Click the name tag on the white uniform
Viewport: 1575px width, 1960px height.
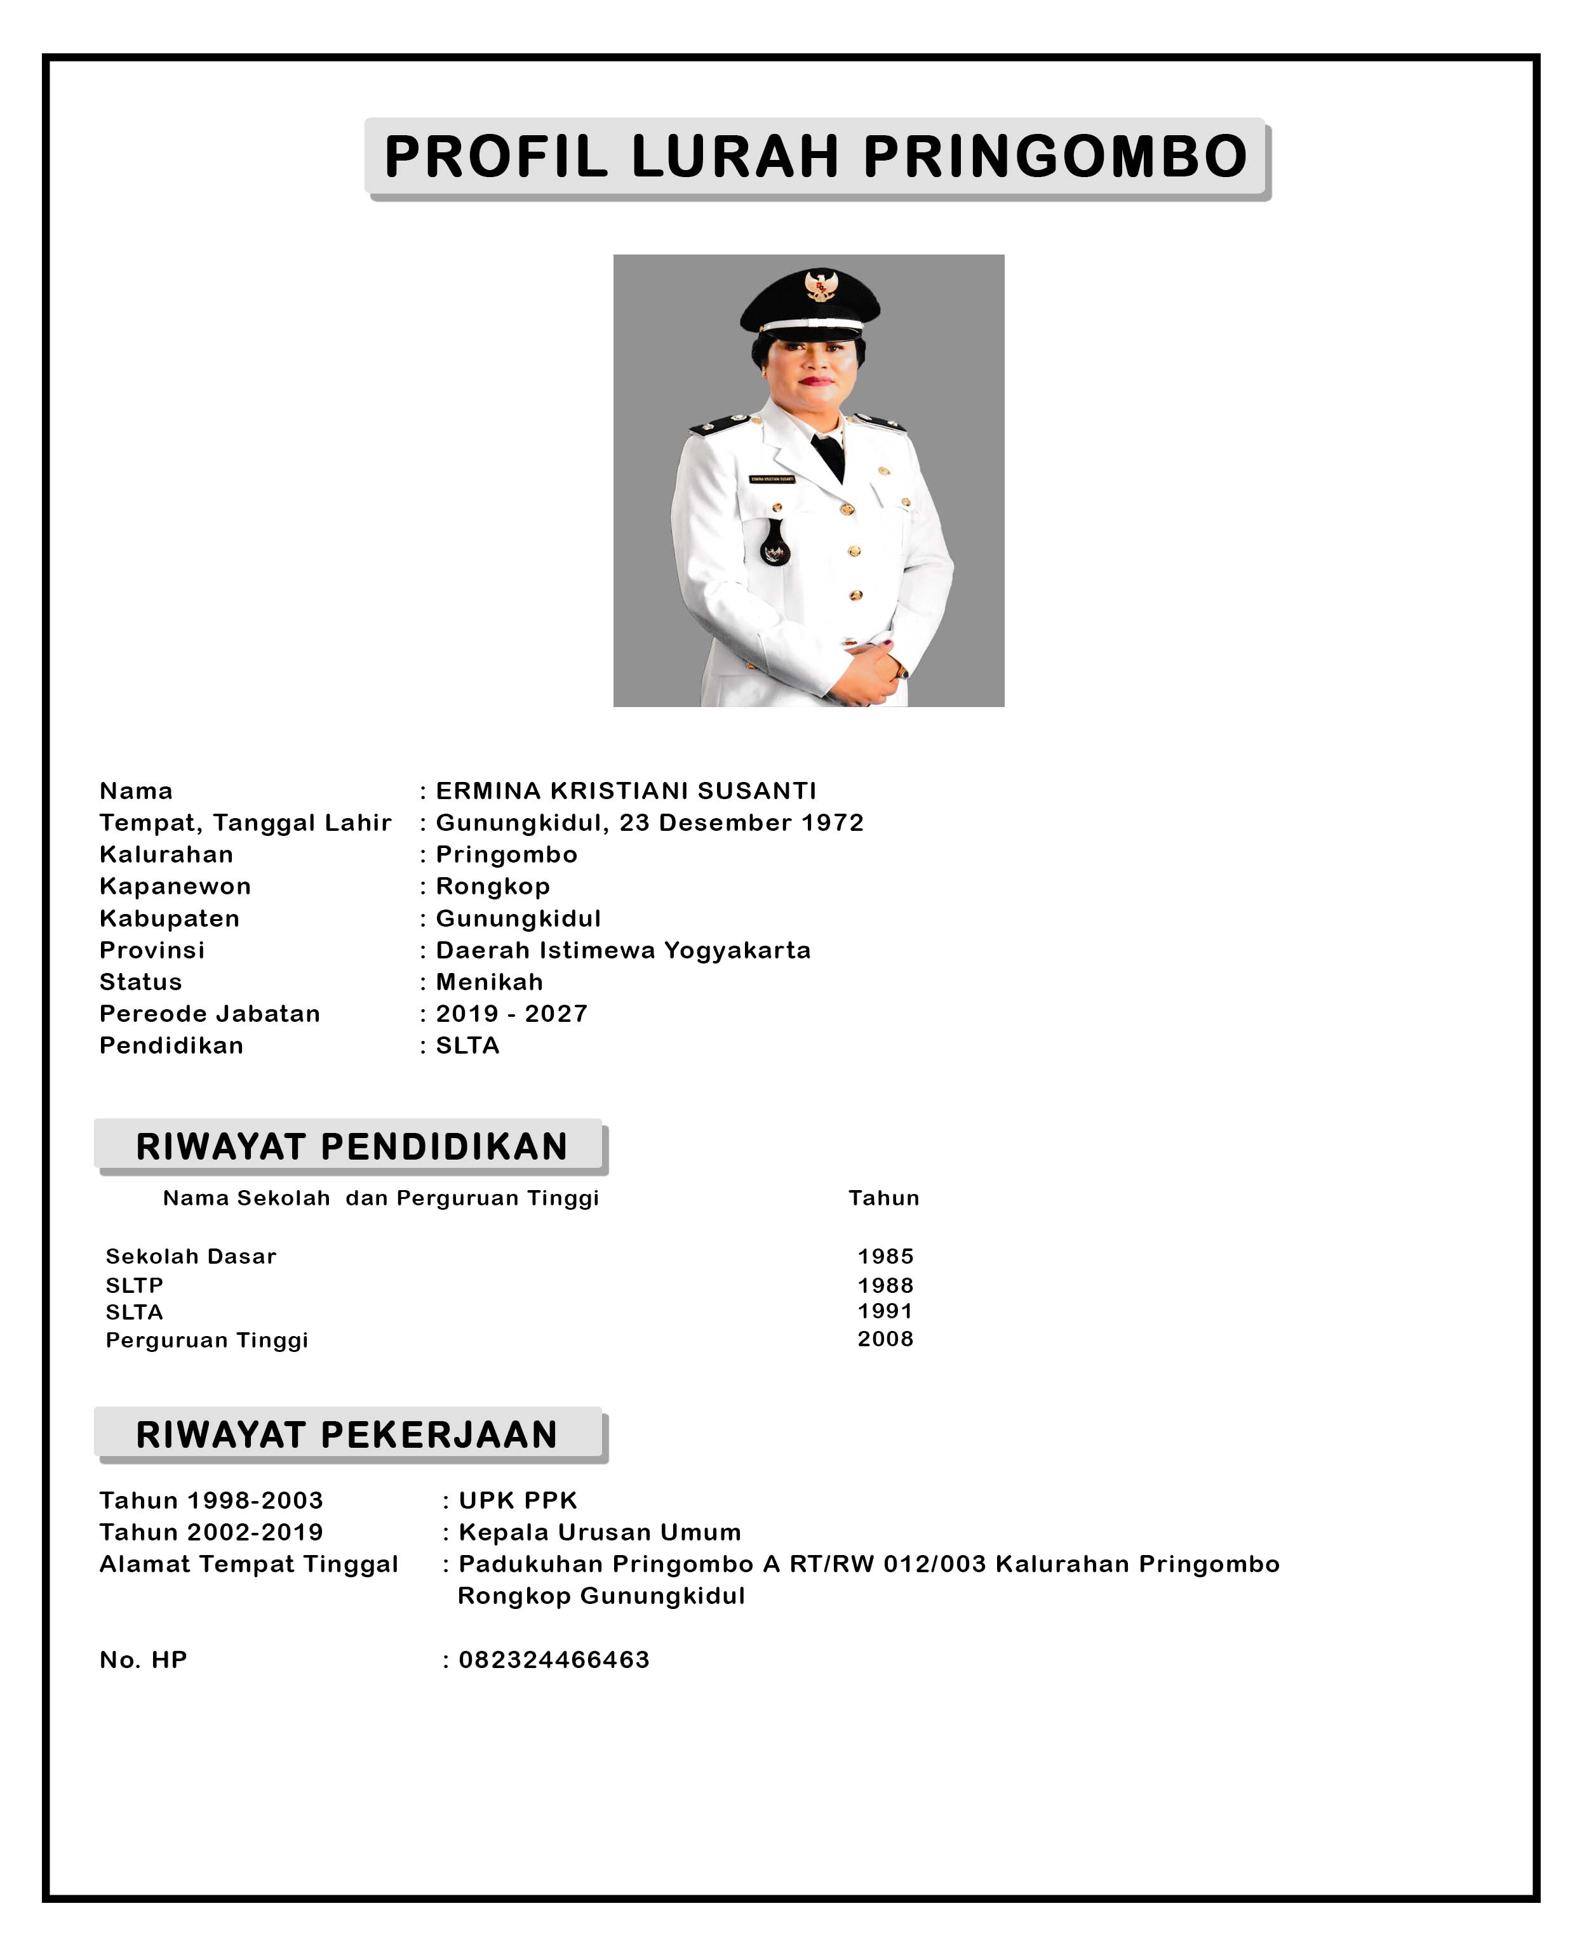(772, 478)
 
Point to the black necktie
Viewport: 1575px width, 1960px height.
(829, 454)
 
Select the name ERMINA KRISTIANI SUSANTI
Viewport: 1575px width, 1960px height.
(626, 791)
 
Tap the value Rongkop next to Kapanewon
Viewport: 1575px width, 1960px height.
(493, 886)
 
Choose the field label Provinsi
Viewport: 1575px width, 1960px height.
(152, 950)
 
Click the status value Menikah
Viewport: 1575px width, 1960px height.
(489, 982)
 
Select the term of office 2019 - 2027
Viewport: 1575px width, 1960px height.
(511, 1014)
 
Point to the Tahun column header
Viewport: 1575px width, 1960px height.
(883, 1198)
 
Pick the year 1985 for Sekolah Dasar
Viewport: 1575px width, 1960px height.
(885, 1256)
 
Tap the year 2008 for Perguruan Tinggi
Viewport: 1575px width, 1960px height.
(885, 1339)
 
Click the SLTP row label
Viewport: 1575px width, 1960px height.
(135, 1285)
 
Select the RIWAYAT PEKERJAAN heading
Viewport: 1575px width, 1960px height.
(347, 1434)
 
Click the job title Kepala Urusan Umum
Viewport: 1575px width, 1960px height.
(600, 1533)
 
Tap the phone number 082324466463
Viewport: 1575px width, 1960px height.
(554, 1660)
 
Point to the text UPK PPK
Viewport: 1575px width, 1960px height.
(518, 1501)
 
